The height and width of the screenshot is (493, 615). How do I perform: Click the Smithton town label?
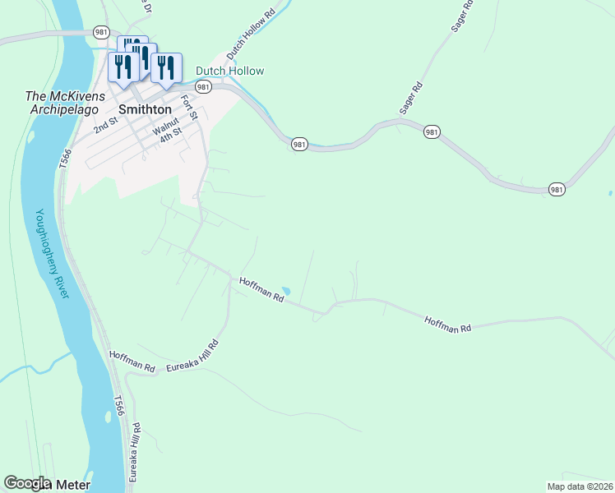tap(145, 109)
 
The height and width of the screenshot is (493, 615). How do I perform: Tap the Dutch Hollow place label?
tap(229, 71)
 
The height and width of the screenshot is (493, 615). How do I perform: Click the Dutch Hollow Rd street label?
tap(250, 35)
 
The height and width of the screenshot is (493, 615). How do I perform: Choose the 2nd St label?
tap(106, 125)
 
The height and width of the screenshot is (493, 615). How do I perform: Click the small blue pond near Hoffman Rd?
tap(285, 291)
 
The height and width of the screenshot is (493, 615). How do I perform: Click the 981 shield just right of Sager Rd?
tap(432, 131)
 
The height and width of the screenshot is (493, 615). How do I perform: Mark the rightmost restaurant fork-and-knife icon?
tap(167, 68)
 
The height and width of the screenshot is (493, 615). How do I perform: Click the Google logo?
tap(26, 483)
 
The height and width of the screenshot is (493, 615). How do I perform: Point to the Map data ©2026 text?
tap(580, 486)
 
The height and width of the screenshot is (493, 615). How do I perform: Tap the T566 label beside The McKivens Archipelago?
tap(65, 159)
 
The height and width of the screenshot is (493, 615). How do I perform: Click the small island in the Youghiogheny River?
tap(108, 417)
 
